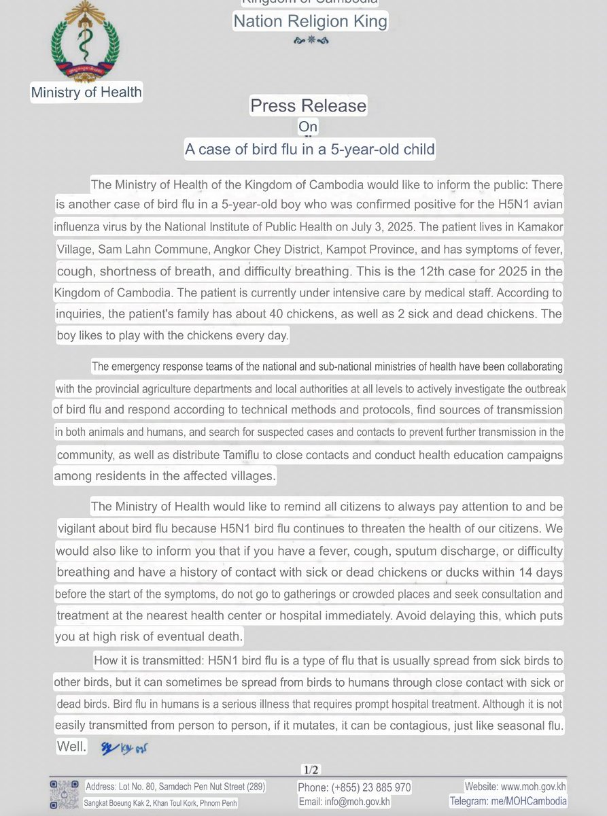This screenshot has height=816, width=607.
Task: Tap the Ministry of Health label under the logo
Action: [x=86, y=92]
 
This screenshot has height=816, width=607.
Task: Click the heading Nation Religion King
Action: [x=311, y=22]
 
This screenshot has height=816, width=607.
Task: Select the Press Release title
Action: [x=308, y=106]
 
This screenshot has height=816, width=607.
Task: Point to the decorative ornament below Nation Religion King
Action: [x=311, y=41]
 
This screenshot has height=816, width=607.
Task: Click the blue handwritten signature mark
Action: [x=124, y=748]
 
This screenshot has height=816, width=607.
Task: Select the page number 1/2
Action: [x=311, y=770]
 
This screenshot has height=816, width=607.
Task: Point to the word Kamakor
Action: [x=540, y=226]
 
